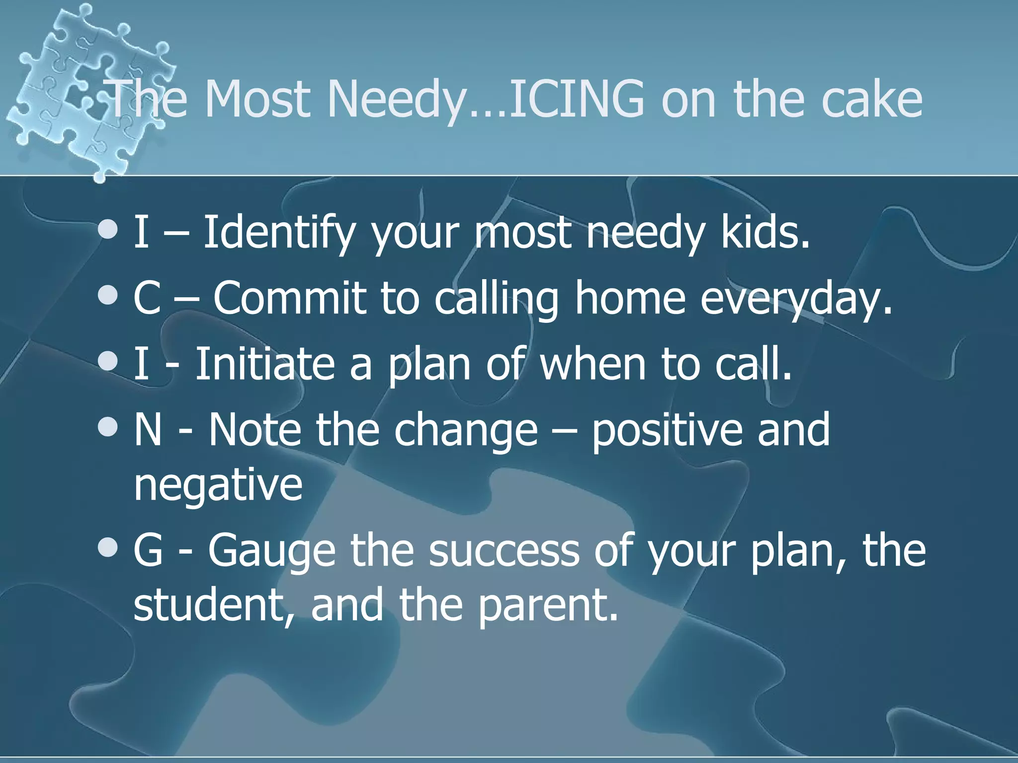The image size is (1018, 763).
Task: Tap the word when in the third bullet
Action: [594, 364]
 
